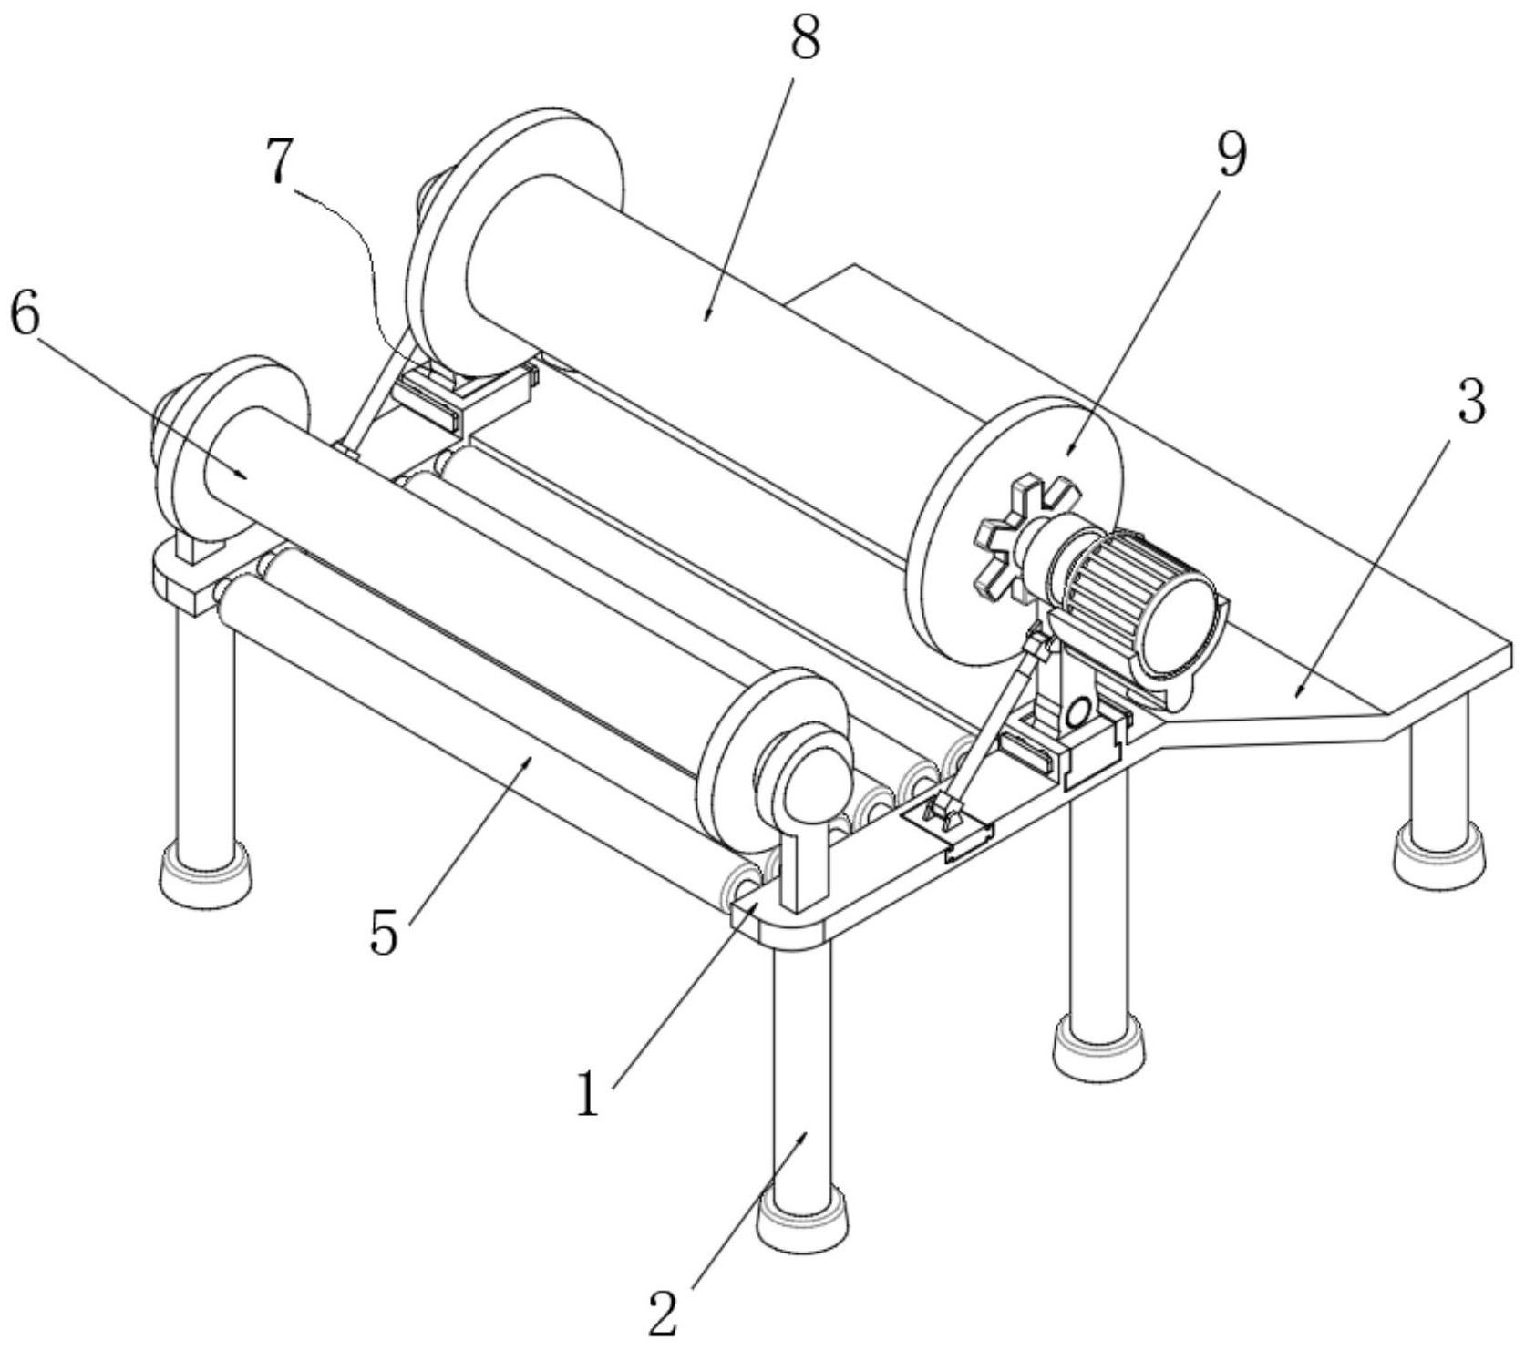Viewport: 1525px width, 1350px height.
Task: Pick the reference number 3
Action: click(x=1470, y=403)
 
